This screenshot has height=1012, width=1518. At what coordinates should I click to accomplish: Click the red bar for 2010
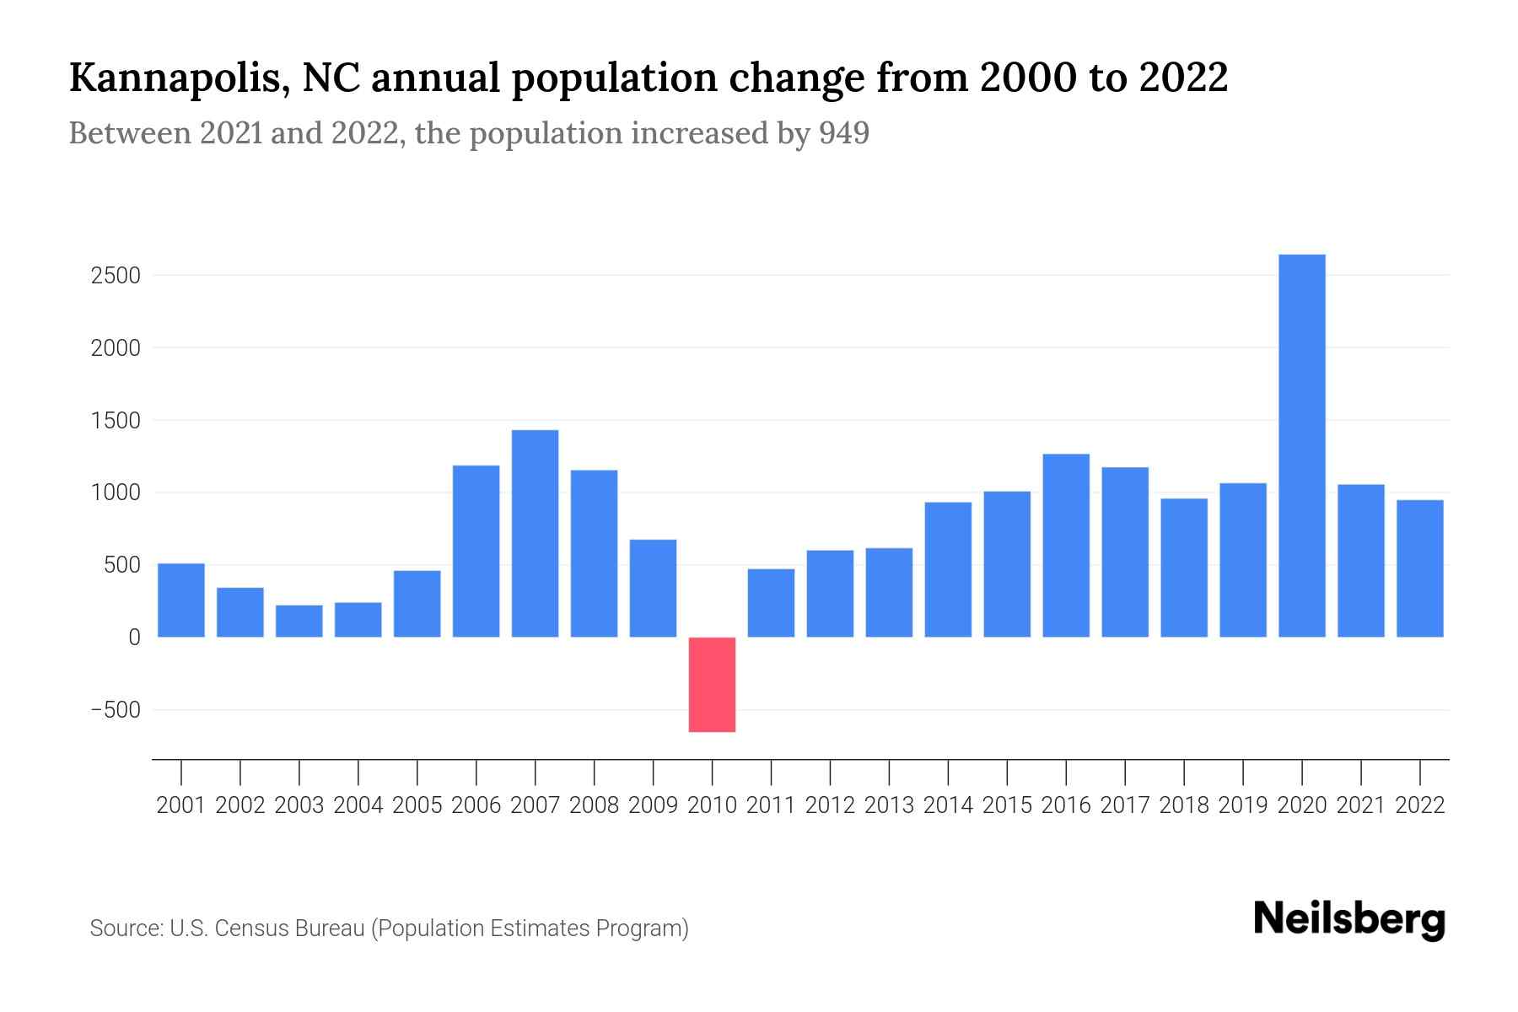point(712,684)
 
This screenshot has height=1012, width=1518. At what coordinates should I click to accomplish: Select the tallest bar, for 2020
point(1301,445)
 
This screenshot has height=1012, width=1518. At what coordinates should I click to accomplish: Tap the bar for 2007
point(535,533)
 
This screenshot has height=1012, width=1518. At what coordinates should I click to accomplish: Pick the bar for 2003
point(299,621)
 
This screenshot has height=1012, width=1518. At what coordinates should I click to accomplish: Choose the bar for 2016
point(1066,545)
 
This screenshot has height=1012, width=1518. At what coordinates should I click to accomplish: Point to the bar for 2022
point(1419,568)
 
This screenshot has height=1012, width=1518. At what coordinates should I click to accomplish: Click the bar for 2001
point(181,600)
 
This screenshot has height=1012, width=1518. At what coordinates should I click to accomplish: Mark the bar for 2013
point(889,592)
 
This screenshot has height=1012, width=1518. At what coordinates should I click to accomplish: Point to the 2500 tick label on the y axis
point(116,276)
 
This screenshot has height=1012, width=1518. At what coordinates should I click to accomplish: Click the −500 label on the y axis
point(116,710)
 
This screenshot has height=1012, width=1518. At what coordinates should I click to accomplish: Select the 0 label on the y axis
point(134,638)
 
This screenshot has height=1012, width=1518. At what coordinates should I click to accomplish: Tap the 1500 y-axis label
point(116,420)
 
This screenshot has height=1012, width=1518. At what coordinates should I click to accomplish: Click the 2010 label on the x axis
point(712,805)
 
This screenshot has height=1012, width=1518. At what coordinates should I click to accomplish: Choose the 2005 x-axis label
point(417,805)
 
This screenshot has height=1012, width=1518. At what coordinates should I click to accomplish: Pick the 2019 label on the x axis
point(1242,805)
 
